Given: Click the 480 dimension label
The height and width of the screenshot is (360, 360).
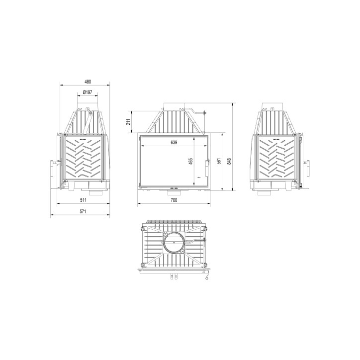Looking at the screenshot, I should [x=88, y=82].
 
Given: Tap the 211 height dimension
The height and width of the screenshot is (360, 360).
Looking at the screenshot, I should [x=128, y=121].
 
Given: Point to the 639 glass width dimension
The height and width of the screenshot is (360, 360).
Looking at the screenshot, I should [x=174, y=142].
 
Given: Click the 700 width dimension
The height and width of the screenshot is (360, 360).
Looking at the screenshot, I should [x=174, y=200].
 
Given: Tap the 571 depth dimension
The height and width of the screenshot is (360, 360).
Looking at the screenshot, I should [x=83, y=211].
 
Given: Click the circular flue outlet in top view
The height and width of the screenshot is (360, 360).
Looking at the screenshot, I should [x=175, y=244].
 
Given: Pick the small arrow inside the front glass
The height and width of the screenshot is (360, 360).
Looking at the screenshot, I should [x=198, y=177].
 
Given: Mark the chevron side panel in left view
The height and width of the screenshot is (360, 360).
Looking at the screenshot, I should [x=83, y=159].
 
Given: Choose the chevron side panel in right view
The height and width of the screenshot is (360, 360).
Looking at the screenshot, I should [x=277, y=159].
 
